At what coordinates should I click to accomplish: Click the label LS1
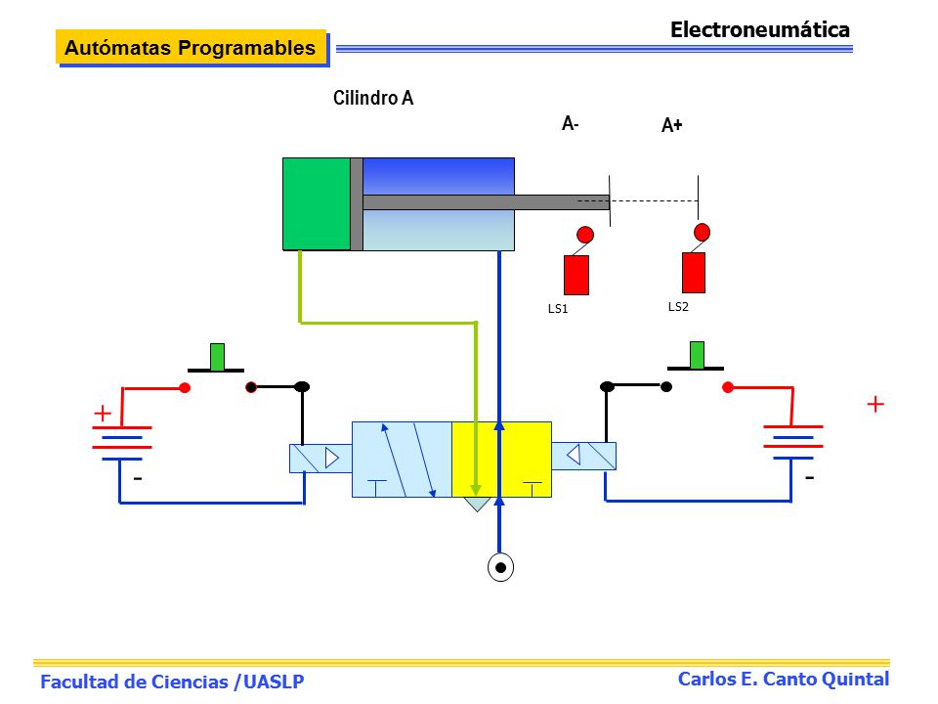coord(558,309)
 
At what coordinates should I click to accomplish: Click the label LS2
coord(678,306)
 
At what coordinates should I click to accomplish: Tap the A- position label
coord(570,124)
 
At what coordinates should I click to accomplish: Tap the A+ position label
coord(672,125)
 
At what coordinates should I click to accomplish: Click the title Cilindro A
coord(373,98)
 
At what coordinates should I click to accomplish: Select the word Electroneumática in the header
coord(760,29)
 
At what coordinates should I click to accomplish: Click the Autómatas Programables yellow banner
coord(191,47)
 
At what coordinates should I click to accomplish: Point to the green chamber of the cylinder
coord(317,203)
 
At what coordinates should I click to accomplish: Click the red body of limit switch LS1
coord(576,276)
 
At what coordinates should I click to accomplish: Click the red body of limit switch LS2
coord(694,273)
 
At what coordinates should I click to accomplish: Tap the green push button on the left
coord(217,357)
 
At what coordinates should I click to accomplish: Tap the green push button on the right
coord(697,355)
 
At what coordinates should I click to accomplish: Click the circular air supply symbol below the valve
coord(500,567)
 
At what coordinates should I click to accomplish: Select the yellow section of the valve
coord(501,460)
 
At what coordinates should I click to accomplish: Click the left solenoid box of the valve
coord(320,459)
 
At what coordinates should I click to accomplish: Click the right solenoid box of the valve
coord(584,457)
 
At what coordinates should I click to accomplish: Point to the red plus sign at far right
coord(875,404)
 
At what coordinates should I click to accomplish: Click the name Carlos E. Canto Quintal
coord(784,679)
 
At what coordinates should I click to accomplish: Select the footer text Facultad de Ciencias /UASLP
coord(172,682)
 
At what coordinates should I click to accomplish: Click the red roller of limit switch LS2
coord(703,232)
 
